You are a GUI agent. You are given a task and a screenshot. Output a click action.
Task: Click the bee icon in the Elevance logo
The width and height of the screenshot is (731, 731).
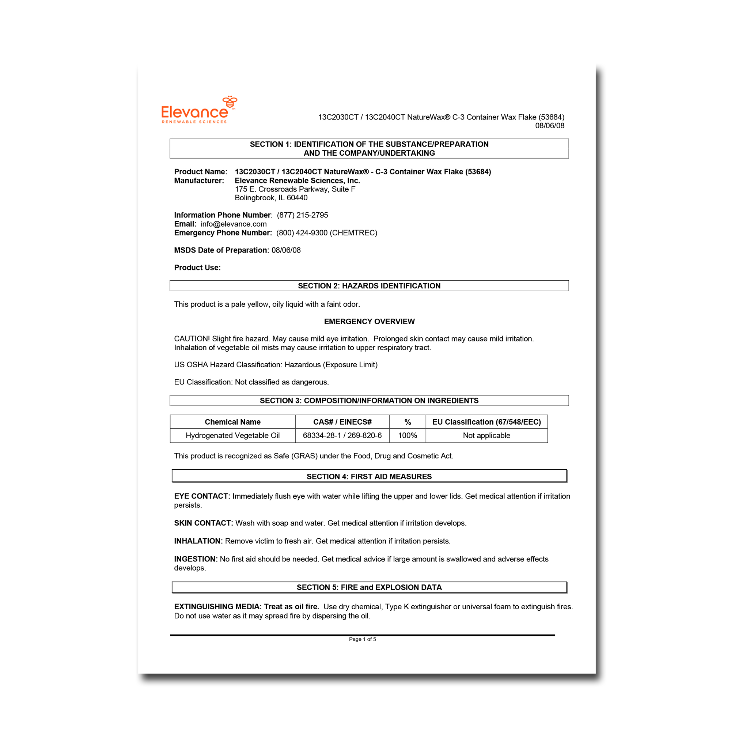tap(230, 102)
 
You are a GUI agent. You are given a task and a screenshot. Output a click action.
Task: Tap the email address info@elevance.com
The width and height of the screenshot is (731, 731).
tap(234, 224)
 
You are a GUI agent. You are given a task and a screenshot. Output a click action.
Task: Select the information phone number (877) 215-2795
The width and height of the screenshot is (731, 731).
tap(302, 215)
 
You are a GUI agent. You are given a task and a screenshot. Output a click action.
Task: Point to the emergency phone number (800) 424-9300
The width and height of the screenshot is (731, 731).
tap(302, 233)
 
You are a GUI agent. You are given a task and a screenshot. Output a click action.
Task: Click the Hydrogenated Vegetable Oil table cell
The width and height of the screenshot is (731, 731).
tap(232, 436)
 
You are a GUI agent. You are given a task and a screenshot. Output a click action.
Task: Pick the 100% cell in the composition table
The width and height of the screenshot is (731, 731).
tap(408, 436)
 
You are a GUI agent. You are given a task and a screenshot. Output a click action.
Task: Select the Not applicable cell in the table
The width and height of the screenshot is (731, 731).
tap(486, 436)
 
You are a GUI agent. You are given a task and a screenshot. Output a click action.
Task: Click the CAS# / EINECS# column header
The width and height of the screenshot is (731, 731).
tap(342, 422)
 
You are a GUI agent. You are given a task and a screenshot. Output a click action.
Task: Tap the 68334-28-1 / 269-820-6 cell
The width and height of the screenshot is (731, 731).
tap(342, 436)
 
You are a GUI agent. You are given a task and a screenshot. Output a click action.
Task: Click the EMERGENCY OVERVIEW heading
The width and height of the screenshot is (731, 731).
tap(369, 322)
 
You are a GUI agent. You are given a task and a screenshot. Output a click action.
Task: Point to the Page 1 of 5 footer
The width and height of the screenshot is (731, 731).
tap(362, 639)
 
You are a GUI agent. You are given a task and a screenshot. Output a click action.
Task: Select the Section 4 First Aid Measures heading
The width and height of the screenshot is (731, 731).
tap(369, 476)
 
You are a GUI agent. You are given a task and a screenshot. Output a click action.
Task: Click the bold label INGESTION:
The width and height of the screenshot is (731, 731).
tap(196, 559)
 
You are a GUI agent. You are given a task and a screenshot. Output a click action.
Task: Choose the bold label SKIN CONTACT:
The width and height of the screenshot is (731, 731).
tap(203, 523)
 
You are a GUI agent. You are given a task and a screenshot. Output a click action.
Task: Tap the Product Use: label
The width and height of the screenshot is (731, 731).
tap(197, 268)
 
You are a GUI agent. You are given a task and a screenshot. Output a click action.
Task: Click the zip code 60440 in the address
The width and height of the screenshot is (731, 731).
tap(297, 198)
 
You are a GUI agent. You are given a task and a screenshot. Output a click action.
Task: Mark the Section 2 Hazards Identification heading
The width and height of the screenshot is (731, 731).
tap(369, 286)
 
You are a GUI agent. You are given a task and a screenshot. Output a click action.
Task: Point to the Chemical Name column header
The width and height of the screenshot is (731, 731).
tap(232, 422)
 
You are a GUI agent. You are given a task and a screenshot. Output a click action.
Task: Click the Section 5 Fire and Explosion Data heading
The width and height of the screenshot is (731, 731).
tap(369, 587)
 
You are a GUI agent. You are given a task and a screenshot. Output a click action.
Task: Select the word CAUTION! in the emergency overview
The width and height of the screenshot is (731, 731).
tap(192, 339)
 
